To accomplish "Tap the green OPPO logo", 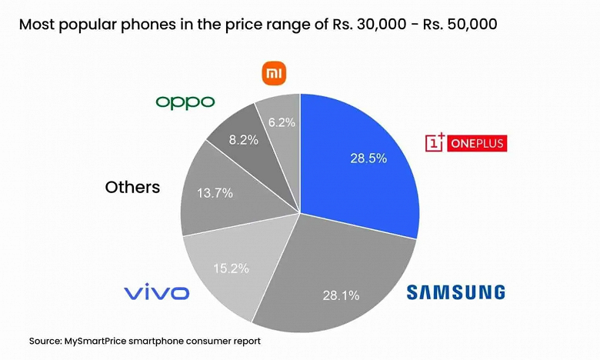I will (x=185, y=102).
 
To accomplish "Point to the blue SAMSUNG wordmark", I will (x=455, y=292).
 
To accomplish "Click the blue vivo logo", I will (x=157, y=292).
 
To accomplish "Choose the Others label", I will (x=132, y=187).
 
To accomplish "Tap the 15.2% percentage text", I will (x=232, y=268).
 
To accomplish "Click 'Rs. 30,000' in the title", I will (x=359, y=24).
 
